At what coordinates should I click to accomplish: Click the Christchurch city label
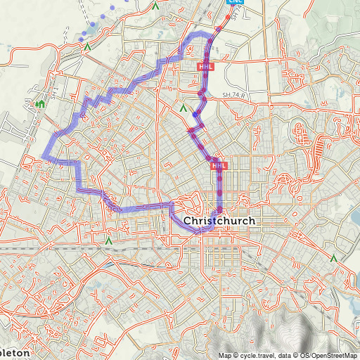[219, 221]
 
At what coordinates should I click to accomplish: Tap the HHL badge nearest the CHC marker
[205, 67]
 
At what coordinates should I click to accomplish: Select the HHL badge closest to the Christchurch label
[219, 166]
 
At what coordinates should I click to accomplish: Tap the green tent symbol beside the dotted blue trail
[87, 46]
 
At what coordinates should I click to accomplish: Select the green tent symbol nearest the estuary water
[334, 259]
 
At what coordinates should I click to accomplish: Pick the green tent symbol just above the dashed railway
[108, 240]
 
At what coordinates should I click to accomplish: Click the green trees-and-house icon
[40, 105]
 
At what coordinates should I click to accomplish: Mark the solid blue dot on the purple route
[195, 115]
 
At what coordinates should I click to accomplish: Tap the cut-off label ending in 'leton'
[15, 352]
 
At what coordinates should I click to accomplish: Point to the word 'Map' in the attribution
[224, 355]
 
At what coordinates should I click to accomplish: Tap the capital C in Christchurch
[188, 221]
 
